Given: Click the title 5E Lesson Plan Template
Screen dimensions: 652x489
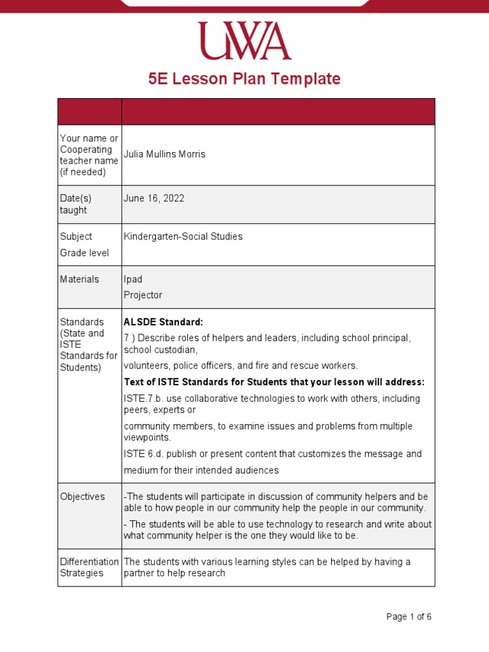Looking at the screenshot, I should pos(244,79).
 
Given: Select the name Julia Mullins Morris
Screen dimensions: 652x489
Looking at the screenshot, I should pos(164,154).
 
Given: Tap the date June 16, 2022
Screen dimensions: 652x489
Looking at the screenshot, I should pos(153,198).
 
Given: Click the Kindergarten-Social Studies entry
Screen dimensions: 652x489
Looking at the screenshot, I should pos(183,236).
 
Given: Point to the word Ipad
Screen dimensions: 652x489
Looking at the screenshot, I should pos(133,279).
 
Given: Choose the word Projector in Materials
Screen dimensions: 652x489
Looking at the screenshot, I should pos(143,295).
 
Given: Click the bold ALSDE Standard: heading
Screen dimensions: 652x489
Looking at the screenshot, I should pos(163,322).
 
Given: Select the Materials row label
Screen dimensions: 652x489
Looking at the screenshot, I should pos(80,279).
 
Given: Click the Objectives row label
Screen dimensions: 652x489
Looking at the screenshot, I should pos(82,497).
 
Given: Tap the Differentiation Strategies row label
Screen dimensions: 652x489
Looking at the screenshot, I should pos(89,567).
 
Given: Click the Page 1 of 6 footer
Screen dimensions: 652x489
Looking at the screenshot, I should pos(409,616).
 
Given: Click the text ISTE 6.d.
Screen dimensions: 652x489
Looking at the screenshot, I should pos(143,454).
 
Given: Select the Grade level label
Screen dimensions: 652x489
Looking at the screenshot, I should pos(84,253).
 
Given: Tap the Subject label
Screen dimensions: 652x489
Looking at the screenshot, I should pos(76,236).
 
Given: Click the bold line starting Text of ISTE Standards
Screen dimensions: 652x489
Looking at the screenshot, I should pos(274,382).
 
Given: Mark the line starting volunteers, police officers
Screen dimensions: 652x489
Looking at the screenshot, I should pos(241,365).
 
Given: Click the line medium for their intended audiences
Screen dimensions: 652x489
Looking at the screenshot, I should pos(201,471).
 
